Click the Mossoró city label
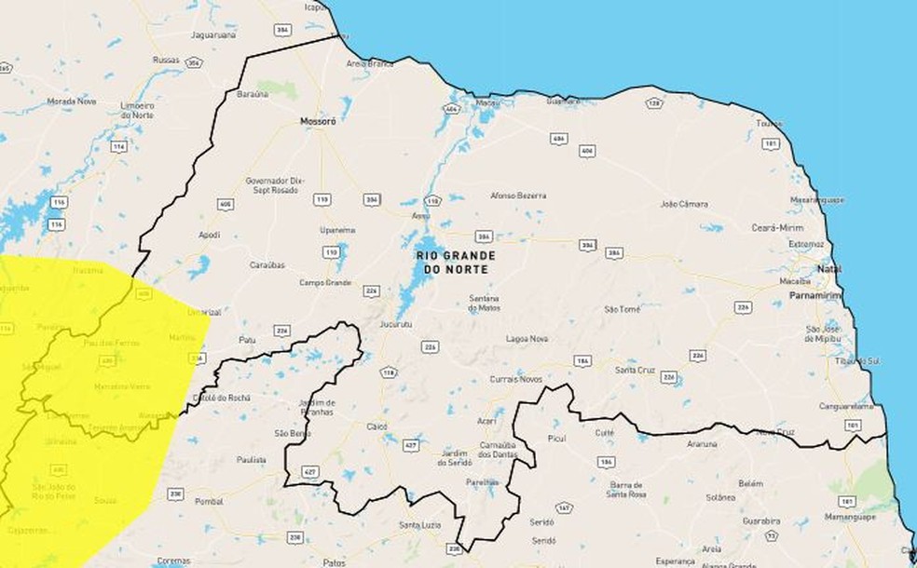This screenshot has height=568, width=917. (317, 121)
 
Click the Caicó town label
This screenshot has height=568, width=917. (377, 425)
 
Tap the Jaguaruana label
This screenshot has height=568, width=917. (213, 34)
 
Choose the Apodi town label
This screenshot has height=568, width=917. (209, 235)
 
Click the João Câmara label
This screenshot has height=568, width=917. (683, 203)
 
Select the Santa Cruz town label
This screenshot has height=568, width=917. (632, 370)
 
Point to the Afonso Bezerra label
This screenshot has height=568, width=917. (518, 196)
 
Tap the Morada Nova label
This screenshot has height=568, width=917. (72, 101)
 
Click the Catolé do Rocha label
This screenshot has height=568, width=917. (221, 398)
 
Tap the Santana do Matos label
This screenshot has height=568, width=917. (485, 303)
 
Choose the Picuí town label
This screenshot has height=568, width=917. (557, 437)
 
